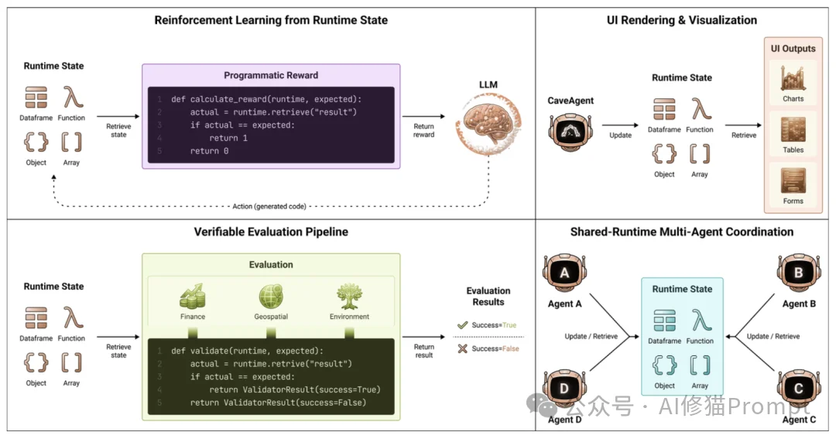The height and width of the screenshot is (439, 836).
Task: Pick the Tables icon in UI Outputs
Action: (x=793, y=129)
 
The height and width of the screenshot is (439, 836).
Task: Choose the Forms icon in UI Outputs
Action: (x=793, y=181)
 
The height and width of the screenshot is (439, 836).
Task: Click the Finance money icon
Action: (x=193, y=297)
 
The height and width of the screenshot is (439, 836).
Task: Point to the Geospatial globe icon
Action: (x=272, y=297)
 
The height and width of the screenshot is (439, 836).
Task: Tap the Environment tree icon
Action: (x=349, y=297)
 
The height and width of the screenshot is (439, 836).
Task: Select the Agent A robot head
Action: (x=564, y=274)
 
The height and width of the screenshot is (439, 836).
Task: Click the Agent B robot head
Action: (x=799, y=274)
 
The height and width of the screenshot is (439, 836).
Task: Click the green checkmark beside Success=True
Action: (x=462, y=325)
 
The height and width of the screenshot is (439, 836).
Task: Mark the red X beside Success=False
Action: (x=462, y=348)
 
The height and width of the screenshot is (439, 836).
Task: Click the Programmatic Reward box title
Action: (x=271, y=75)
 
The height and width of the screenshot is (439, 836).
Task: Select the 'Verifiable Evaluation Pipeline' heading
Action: (x=271, y=232)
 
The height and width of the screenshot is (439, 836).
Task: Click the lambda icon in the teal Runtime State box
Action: (x=701, y=320)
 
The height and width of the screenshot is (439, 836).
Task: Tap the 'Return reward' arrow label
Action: (x=424, y=130)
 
